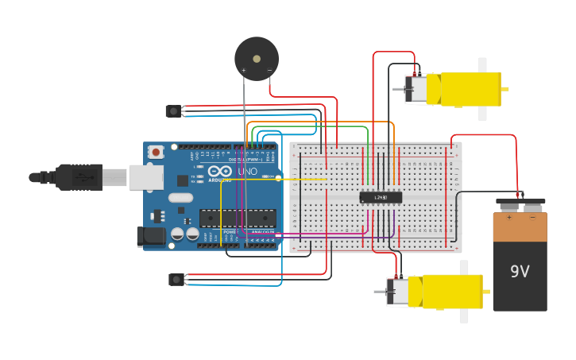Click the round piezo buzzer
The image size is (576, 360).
click(257, 58)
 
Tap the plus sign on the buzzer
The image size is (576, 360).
click(243, 71)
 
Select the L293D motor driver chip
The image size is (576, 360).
click(381, 197)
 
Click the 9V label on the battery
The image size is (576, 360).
click(520, 272)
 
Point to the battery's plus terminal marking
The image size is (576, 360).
click(509, 217)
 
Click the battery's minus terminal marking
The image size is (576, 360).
click(532, 217)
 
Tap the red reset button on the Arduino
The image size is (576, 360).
click(156, 152)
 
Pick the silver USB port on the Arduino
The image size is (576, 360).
click(146, 177)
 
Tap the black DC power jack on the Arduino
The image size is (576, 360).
click(151, 236)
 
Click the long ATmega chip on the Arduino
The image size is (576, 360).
click(238, 218)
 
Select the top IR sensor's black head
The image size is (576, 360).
click(172, 111)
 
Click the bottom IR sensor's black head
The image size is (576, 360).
click(176, 279)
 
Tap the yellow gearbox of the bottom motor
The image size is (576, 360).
click(452, 292)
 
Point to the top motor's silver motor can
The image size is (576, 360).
click(416, 89)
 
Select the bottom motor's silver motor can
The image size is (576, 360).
click(398, 292)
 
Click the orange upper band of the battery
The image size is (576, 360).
click(520, 227)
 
